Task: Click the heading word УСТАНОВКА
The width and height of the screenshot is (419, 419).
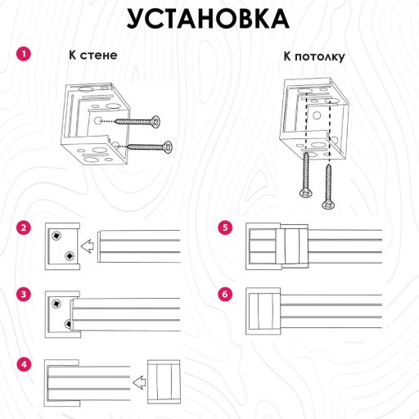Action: (208, 19)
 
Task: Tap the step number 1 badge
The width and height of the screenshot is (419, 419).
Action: (24, 54)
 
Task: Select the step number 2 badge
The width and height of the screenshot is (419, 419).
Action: (24, 228)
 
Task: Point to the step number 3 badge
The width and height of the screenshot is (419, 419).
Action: (24, 294)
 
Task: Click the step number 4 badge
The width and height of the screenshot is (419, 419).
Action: (24, 364)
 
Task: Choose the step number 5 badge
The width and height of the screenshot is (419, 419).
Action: (225, 228)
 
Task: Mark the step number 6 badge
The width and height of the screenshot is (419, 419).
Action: (225, 294)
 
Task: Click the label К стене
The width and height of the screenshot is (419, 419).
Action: (93, 55)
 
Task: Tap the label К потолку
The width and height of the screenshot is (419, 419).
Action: (314, 56)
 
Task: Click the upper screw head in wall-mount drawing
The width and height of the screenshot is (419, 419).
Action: (155, 121)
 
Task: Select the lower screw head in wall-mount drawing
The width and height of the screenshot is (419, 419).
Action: (168, 147)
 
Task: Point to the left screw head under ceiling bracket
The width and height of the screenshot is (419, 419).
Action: (306, 193)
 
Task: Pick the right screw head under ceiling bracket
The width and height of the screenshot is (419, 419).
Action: (328, 205)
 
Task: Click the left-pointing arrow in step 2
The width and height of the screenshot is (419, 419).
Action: (88, 246)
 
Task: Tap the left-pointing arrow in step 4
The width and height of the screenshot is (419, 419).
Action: (139, 382)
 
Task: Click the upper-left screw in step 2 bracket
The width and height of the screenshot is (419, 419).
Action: (56, 236)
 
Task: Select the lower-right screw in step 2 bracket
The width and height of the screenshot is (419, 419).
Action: (70, 256)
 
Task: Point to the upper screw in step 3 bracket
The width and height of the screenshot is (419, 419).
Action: (56, 303)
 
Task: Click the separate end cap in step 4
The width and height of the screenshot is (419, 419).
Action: (164, 382)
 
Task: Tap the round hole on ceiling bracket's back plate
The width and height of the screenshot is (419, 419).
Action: (317, 115)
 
